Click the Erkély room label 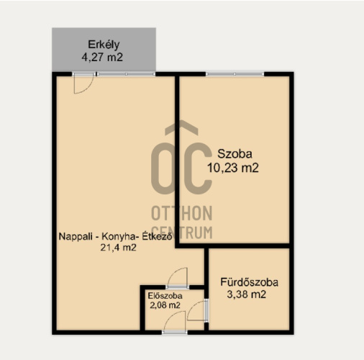tap(104, 45)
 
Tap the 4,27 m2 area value tap(102, 58)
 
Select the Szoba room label tap(235, 154)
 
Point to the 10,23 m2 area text tap(233, 168)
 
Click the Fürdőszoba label tap(249, 282)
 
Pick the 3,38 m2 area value tap(247, 294)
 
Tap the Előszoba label tap(165, 296)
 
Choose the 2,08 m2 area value tap(165, 305)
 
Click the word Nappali tap(76, 237)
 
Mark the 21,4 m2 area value tap(118, 248)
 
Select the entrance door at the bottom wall tap(174, 332)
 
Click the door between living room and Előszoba tap(178, 287)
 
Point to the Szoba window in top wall tap(235, 74)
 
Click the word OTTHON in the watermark tap(182, 213)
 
